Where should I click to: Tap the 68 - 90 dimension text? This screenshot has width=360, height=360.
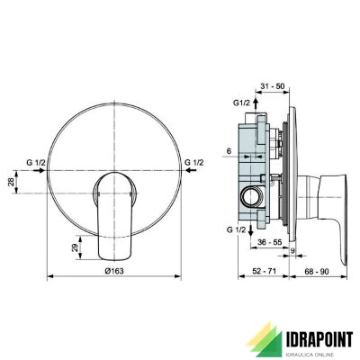pos(315,270)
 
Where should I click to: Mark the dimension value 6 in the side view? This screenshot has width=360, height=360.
pos(229,151)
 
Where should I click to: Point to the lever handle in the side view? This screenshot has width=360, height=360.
pos(320,188)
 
